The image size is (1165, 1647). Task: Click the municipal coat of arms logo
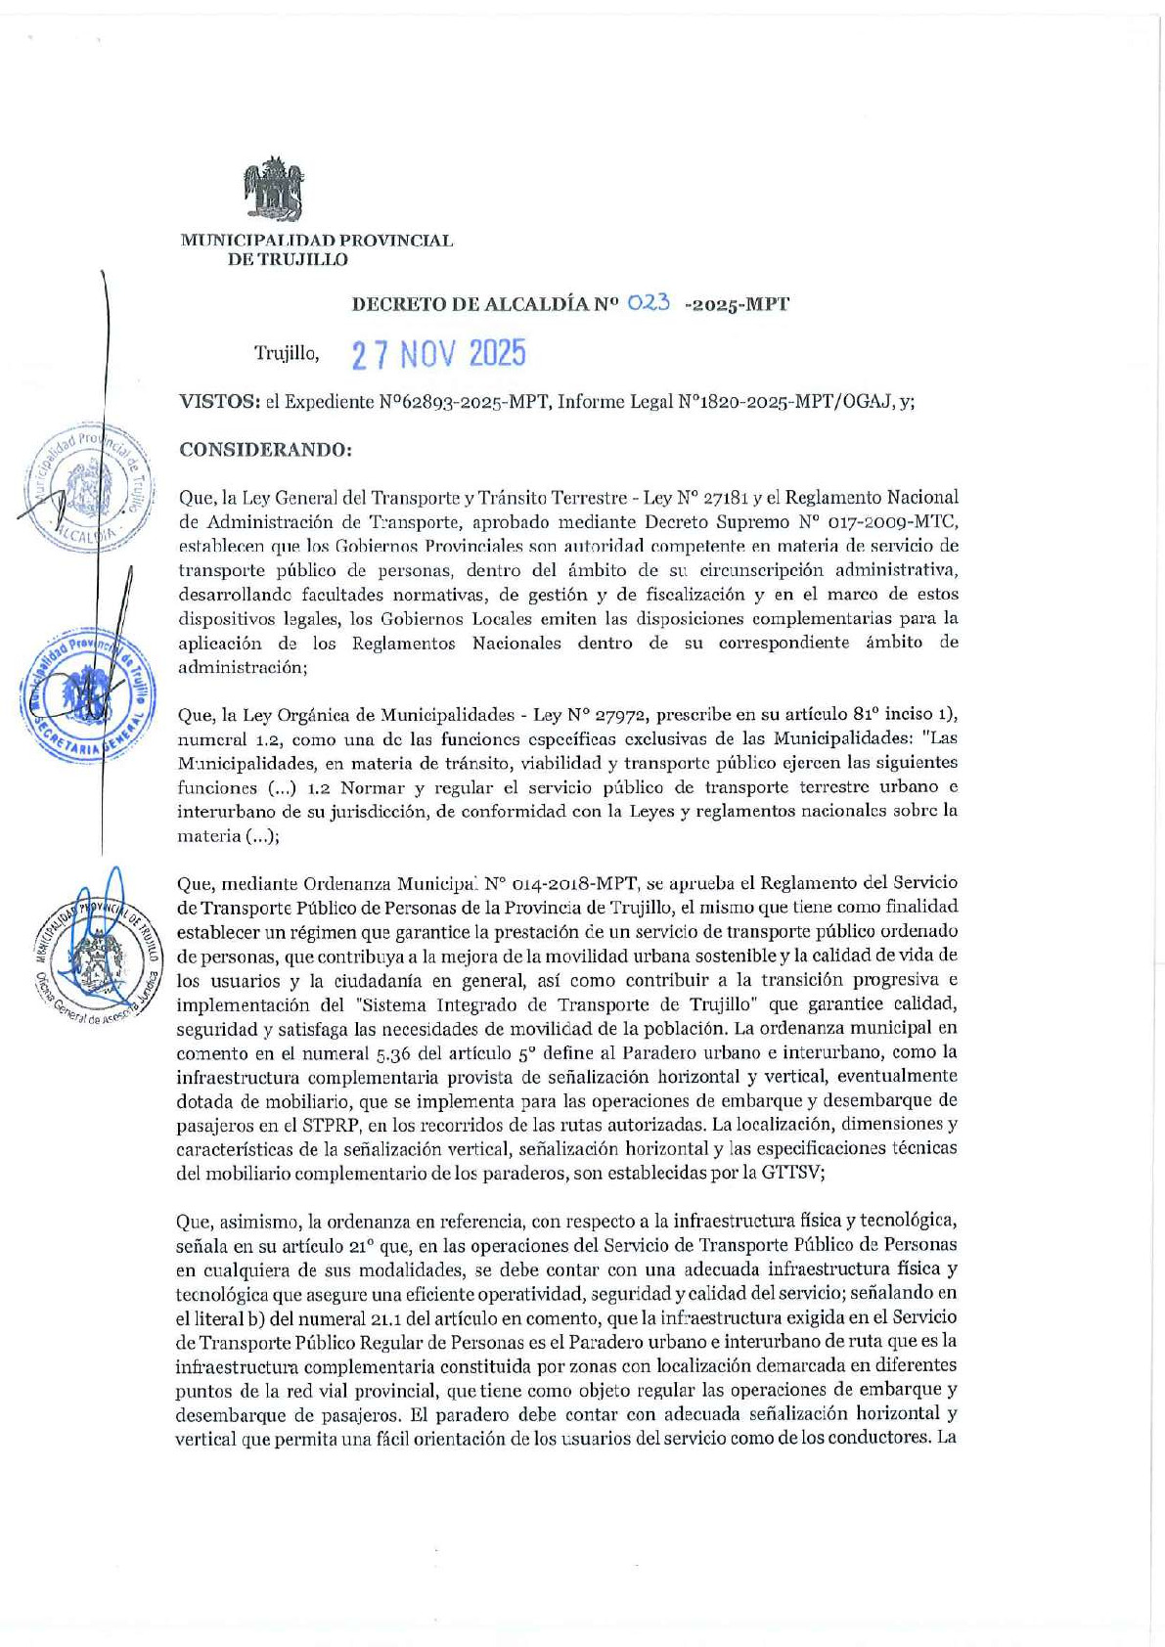(x=273, y=189)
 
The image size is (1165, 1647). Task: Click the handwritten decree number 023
(x=650, y=302)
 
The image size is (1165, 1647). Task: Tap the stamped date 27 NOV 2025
(x=438, y=354)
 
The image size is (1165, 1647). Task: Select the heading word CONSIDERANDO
(x=264, y=450)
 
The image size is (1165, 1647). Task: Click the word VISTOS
(x=218, y=401)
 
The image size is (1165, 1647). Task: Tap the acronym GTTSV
(x=789, y=1173)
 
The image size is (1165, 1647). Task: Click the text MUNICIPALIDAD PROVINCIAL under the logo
(x=316, y=241)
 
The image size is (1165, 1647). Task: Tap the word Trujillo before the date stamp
(x=286, y=354)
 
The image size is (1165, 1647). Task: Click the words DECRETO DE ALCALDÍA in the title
(x=470, y=304)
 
